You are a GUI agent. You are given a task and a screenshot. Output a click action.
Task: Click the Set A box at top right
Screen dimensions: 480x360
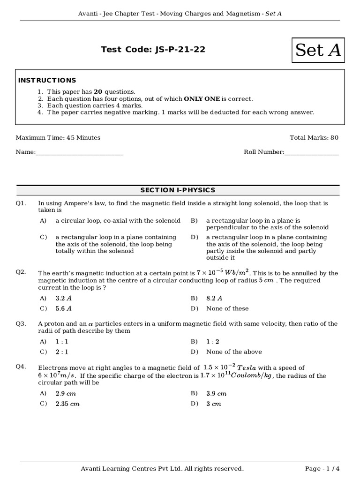point(318,50)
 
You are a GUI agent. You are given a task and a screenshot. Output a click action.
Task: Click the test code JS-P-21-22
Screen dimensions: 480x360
point(153,49)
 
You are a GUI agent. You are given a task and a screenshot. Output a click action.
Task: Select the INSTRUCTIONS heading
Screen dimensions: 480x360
point(47,80)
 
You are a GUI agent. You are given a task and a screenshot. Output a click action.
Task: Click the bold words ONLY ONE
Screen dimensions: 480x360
point(202,99)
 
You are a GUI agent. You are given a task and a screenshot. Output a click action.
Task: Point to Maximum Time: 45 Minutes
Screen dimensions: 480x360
point(58,137)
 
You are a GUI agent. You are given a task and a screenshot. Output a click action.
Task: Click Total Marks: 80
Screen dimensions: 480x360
point(314,137)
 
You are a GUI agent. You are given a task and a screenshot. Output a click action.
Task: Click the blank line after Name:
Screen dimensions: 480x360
point(80,152)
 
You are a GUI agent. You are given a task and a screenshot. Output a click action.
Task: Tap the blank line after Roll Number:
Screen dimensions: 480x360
point(311,152)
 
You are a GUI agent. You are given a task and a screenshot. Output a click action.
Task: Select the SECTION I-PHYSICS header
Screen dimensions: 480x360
point(178,190)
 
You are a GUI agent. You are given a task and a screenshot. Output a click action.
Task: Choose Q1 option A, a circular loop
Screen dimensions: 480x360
point(118,220)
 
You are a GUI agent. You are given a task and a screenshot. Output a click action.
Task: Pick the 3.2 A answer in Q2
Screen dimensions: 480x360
point(64,298)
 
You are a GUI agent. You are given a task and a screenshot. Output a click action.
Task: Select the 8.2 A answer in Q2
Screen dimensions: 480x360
point(214,298)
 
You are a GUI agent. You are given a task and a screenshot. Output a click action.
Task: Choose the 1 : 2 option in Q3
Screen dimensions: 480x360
point(213,341)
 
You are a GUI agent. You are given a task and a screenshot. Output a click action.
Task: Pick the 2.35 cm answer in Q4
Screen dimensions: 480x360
point(67,404)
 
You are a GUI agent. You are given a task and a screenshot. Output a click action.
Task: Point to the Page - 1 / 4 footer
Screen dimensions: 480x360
point(322,468)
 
